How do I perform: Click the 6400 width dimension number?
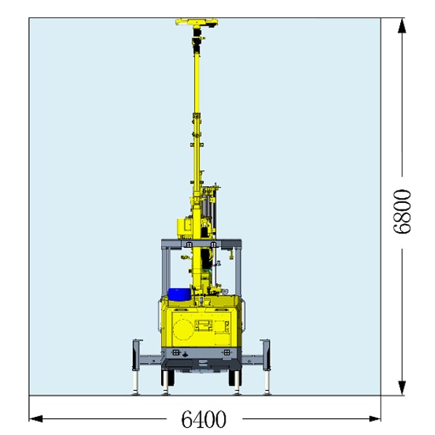204,419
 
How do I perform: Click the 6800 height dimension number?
402,212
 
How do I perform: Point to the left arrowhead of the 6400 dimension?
36,418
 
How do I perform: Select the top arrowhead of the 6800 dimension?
402,25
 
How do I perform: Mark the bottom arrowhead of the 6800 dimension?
402,388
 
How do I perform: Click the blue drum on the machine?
179,294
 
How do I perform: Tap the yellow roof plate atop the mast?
196,22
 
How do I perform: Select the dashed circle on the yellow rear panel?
183,329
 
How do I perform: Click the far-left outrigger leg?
136,366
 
